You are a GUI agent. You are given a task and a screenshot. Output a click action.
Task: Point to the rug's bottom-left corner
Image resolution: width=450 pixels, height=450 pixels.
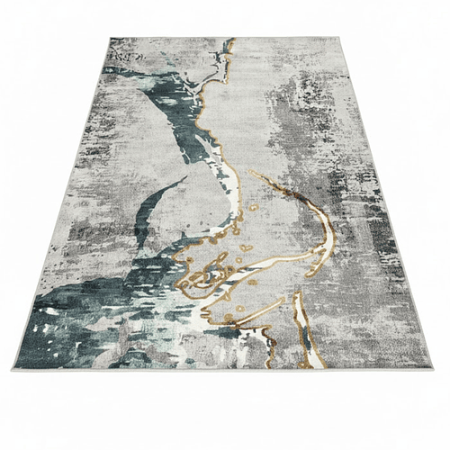(x=13, y=368)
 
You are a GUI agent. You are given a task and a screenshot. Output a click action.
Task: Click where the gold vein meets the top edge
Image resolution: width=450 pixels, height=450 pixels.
(x=231, y=40)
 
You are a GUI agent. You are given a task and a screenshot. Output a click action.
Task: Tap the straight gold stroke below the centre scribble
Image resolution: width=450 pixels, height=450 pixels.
(x=256, y=313)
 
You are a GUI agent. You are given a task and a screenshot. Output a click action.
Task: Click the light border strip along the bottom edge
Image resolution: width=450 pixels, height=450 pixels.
(x=225, y=367)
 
